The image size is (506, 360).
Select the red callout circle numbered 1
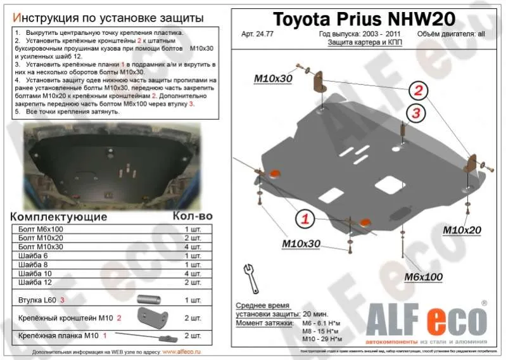[305, 219]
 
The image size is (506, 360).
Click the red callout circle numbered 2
[418, 89]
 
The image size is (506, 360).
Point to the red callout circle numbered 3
[416, 113]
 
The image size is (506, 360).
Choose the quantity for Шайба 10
[193, 273]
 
